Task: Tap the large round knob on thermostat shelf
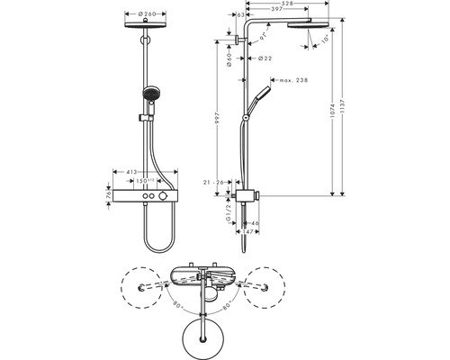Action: [163, 196]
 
